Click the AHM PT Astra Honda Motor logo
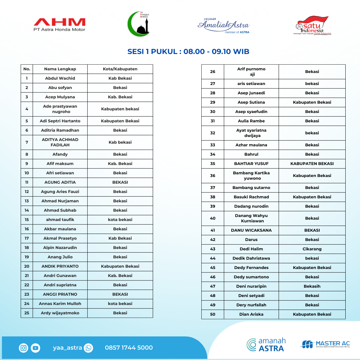pyautogui.click(x=59, y=25)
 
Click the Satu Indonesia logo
pyautogui.click(x=312, y=25)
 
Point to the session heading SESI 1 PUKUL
pyautogui.click(x=188, y=52)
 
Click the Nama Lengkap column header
pyautogui.click(x=60, y=69)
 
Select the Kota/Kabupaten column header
pyautogui.click(x=120, y=69)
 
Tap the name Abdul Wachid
pyautogui.click(x=60, y=78)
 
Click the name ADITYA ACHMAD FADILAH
pyautogui.click(x=60, y=142)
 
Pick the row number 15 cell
pyautogui.click(x=27, y=220)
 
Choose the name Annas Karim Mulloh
pyautogui.click(x=60, y=304)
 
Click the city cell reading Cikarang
pyautogui.click(x=312, y=249)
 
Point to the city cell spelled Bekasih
pyautogui.click(x=312, y=286)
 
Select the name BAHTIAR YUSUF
pyautogui.click(x=251, y=164)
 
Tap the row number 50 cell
pyautogui.click(x=213, y=314)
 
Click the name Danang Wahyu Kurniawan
pyautogui.click(x=251, y=218)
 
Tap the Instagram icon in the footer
pyautogui.click(x=24, y=348)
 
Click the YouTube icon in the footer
pyautogui.click(x=35, y=348)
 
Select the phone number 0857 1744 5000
pyautogui.click(x=129, y=348)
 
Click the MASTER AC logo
pyautogui.click(x=325, y=344)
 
